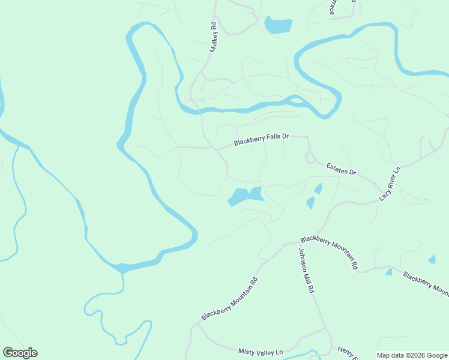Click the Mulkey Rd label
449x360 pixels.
(212, 38)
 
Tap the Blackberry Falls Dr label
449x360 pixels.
(262, 140)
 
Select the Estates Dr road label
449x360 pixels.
(341, 169)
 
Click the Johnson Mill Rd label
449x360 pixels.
(306, 270)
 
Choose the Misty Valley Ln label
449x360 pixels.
(260, 351)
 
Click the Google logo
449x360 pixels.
(20, 353)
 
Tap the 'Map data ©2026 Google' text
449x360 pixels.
(412, 355)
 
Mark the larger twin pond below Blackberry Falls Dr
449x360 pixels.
(239, 197)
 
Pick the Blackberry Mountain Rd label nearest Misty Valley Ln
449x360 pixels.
(229, 299)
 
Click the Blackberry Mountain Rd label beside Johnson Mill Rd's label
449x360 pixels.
(330, 251)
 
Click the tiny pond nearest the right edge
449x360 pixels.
(432, 259)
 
